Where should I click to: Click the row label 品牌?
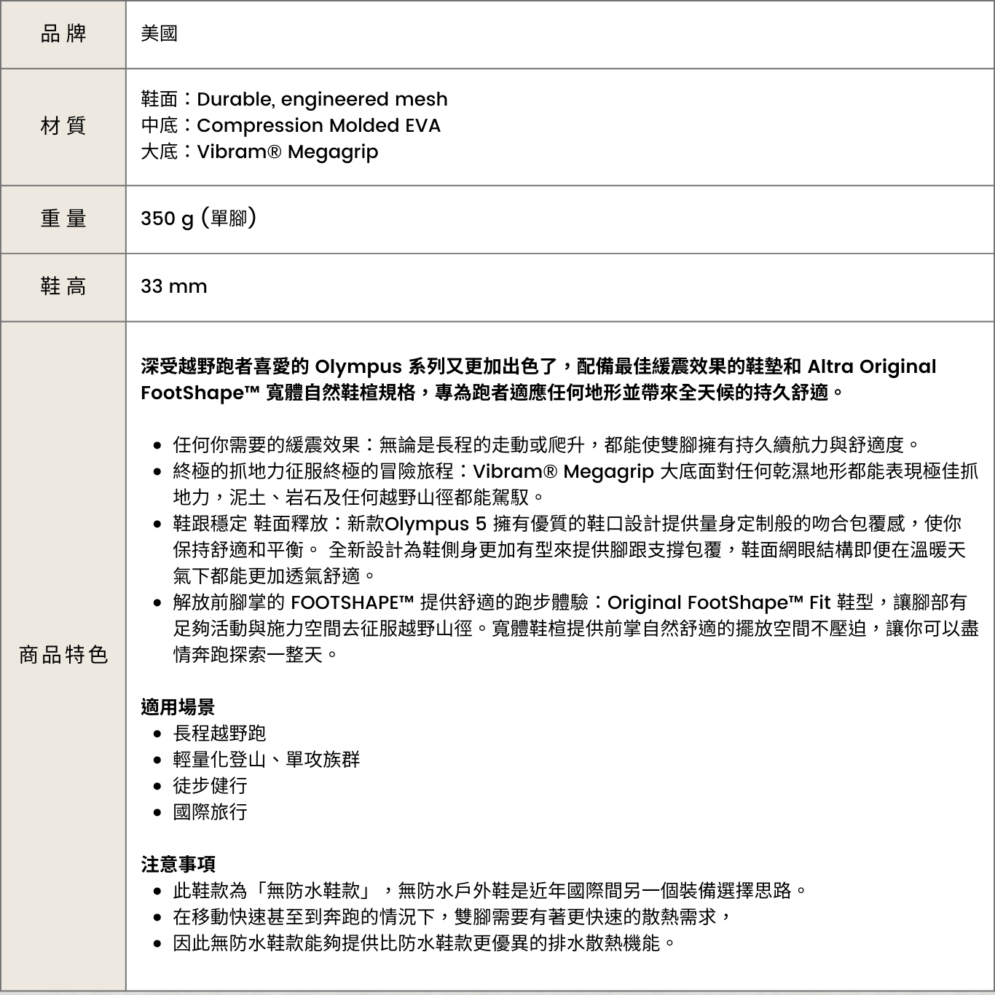pos(63,34)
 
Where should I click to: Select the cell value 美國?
pos(159,34)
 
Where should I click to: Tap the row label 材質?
pos(63,125)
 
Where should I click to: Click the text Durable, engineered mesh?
pos(322,99)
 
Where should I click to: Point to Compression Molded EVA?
pos(318,125)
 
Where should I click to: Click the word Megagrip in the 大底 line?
pos(333,152)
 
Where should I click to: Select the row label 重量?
pos(63,218)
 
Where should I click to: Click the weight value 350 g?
pos(167,218)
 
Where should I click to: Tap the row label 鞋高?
pos(63,286)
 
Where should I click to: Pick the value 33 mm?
pos(173,286)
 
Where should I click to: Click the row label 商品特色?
pos(63,655)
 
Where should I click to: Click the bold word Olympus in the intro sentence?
pos(358,366)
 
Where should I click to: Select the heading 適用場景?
pos(178,707)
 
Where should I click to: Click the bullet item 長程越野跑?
pos(219,733)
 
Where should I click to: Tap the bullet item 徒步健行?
pos(210,785)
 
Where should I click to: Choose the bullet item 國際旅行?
pos(210,811)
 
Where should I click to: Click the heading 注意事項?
pos(178,864)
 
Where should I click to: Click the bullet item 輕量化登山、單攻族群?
pos(266,759)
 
